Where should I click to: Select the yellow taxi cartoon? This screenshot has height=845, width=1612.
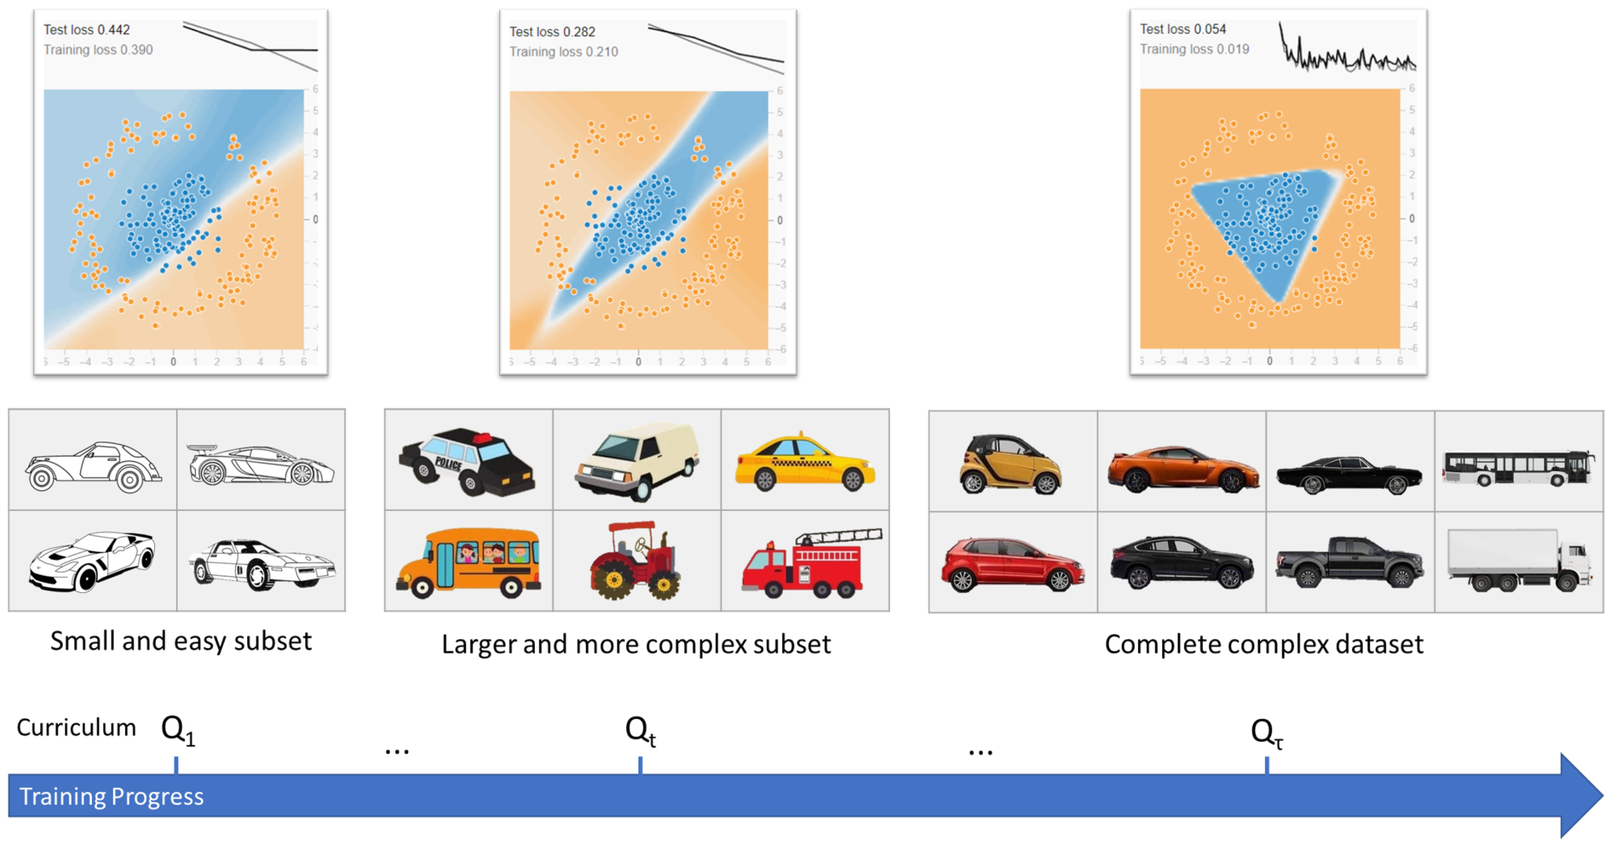point(805,463)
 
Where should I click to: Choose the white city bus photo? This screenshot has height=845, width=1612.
point(1519,468)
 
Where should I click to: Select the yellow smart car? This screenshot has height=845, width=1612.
point(1010,464)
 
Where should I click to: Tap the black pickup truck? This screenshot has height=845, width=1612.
point(1350,562)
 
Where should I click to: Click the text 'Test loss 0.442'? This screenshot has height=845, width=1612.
point(86,29)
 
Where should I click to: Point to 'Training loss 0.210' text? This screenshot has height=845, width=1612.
point(563,51)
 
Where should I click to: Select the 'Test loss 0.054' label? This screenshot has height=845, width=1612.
point(1183,29)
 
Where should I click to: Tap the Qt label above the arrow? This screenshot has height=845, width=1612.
point(640,730)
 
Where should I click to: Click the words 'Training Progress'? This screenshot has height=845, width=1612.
point(111,796)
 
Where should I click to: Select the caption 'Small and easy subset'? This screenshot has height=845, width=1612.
point(181,641)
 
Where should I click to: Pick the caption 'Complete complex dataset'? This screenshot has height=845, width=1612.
point(1263,644)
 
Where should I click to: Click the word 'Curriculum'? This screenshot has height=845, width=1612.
point(76,727)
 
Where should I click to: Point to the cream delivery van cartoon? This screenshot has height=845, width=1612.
point(636,462)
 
